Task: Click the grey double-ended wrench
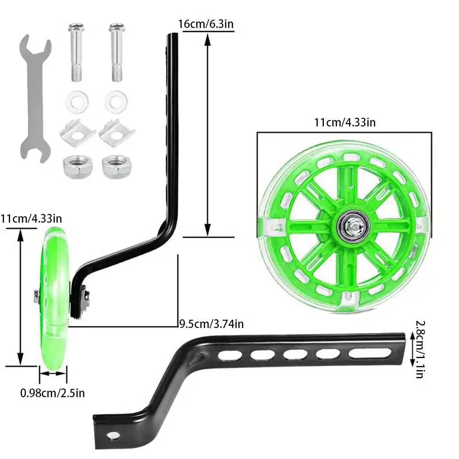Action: click(x=36, y=99)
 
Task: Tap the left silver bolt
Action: click(x=76, y=53)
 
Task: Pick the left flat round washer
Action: click(x=77, y=101)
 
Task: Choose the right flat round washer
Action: click(x=116, y=100)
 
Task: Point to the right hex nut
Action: click(x=116, y=167)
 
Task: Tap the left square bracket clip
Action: click(x=77, y=133)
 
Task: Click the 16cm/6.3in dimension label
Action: click(x=206, y=24)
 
